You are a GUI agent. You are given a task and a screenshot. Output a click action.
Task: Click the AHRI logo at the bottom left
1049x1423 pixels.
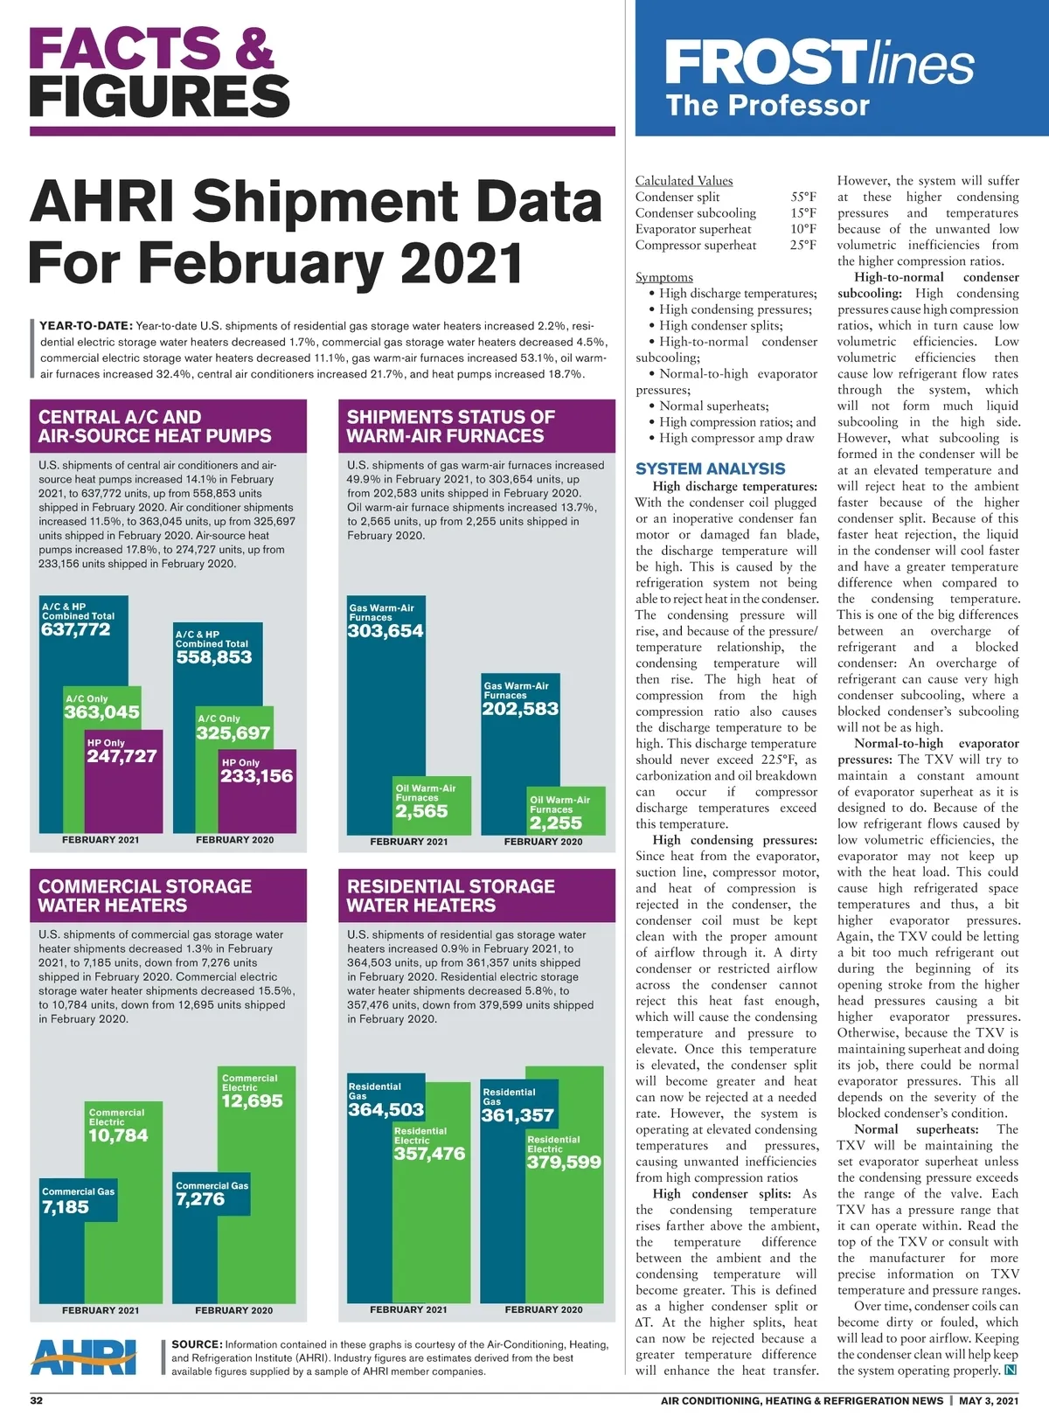point(84,1357)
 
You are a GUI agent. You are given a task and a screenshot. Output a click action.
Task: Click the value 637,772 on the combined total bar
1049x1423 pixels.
point(76,629)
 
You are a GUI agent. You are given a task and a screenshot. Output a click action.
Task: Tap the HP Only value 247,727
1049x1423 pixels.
point(122,756)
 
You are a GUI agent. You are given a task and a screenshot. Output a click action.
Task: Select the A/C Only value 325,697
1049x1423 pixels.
point(233,733)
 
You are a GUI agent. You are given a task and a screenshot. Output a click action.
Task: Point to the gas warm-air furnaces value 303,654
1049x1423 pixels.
point(386,631)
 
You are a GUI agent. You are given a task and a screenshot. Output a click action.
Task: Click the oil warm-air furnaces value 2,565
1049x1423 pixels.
point(421,811)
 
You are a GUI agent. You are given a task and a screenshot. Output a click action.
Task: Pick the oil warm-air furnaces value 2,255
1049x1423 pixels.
point(555,823)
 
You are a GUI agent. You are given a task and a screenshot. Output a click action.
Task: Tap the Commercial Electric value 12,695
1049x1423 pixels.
point(252,1101)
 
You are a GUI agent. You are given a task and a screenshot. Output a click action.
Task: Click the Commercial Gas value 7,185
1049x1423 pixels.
point(66,1207)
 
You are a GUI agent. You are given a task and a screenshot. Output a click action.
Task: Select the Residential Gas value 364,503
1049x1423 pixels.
point(386,1110)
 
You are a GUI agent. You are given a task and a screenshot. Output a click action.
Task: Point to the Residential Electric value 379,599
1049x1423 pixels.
point(564,1163)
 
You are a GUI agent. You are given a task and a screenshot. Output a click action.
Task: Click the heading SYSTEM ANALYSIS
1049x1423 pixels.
point(711,469)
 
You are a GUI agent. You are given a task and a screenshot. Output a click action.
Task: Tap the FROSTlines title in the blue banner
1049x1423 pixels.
point(819,64)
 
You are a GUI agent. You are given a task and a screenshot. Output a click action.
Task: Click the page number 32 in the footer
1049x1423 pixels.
point(37,1400)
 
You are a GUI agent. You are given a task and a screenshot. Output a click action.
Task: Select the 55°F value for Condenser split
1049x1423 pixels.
point(803,197)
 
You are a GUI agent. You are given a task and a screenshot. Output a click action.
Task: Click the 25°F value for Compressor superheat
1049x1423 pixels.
point(803,245)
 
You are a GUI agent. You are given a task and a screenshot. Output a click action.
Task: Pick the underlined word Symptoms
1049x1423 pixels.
point(664,277)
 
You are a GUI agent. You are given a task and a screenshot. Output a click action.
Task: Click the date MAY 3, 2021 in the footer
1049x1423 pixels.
point(989,1400)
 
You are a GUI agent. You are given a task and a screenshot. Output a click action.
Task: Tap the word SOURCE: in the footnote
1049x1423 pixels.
point(197,1344)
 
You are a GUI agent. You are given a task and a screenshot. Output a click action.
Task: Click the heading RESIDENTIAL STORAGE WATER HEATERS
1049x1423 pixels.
point(451,896)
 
